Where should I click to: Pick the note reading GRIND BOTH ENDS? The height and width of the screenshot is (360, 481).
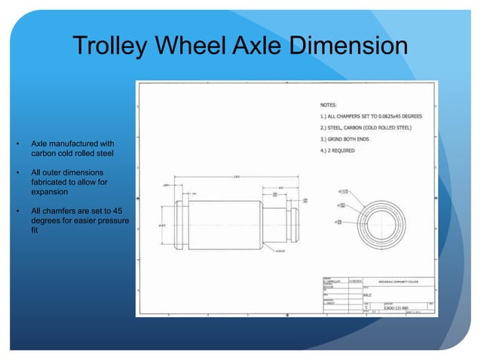coord(347,139)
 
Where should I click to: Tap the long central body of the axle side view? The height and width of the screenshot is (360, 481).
coord(222,224)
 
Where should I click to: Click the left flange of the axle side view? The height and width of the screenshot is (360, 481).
coord(179,224)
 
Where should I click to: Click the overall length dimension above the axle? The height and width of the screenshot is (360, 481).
coord(237,178)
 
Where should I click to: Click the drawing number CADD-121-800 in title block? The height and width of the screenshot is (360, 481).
coord(390,307)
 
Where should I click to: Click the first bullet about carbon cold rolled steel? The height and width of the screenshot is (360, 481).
coord(72,147)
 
